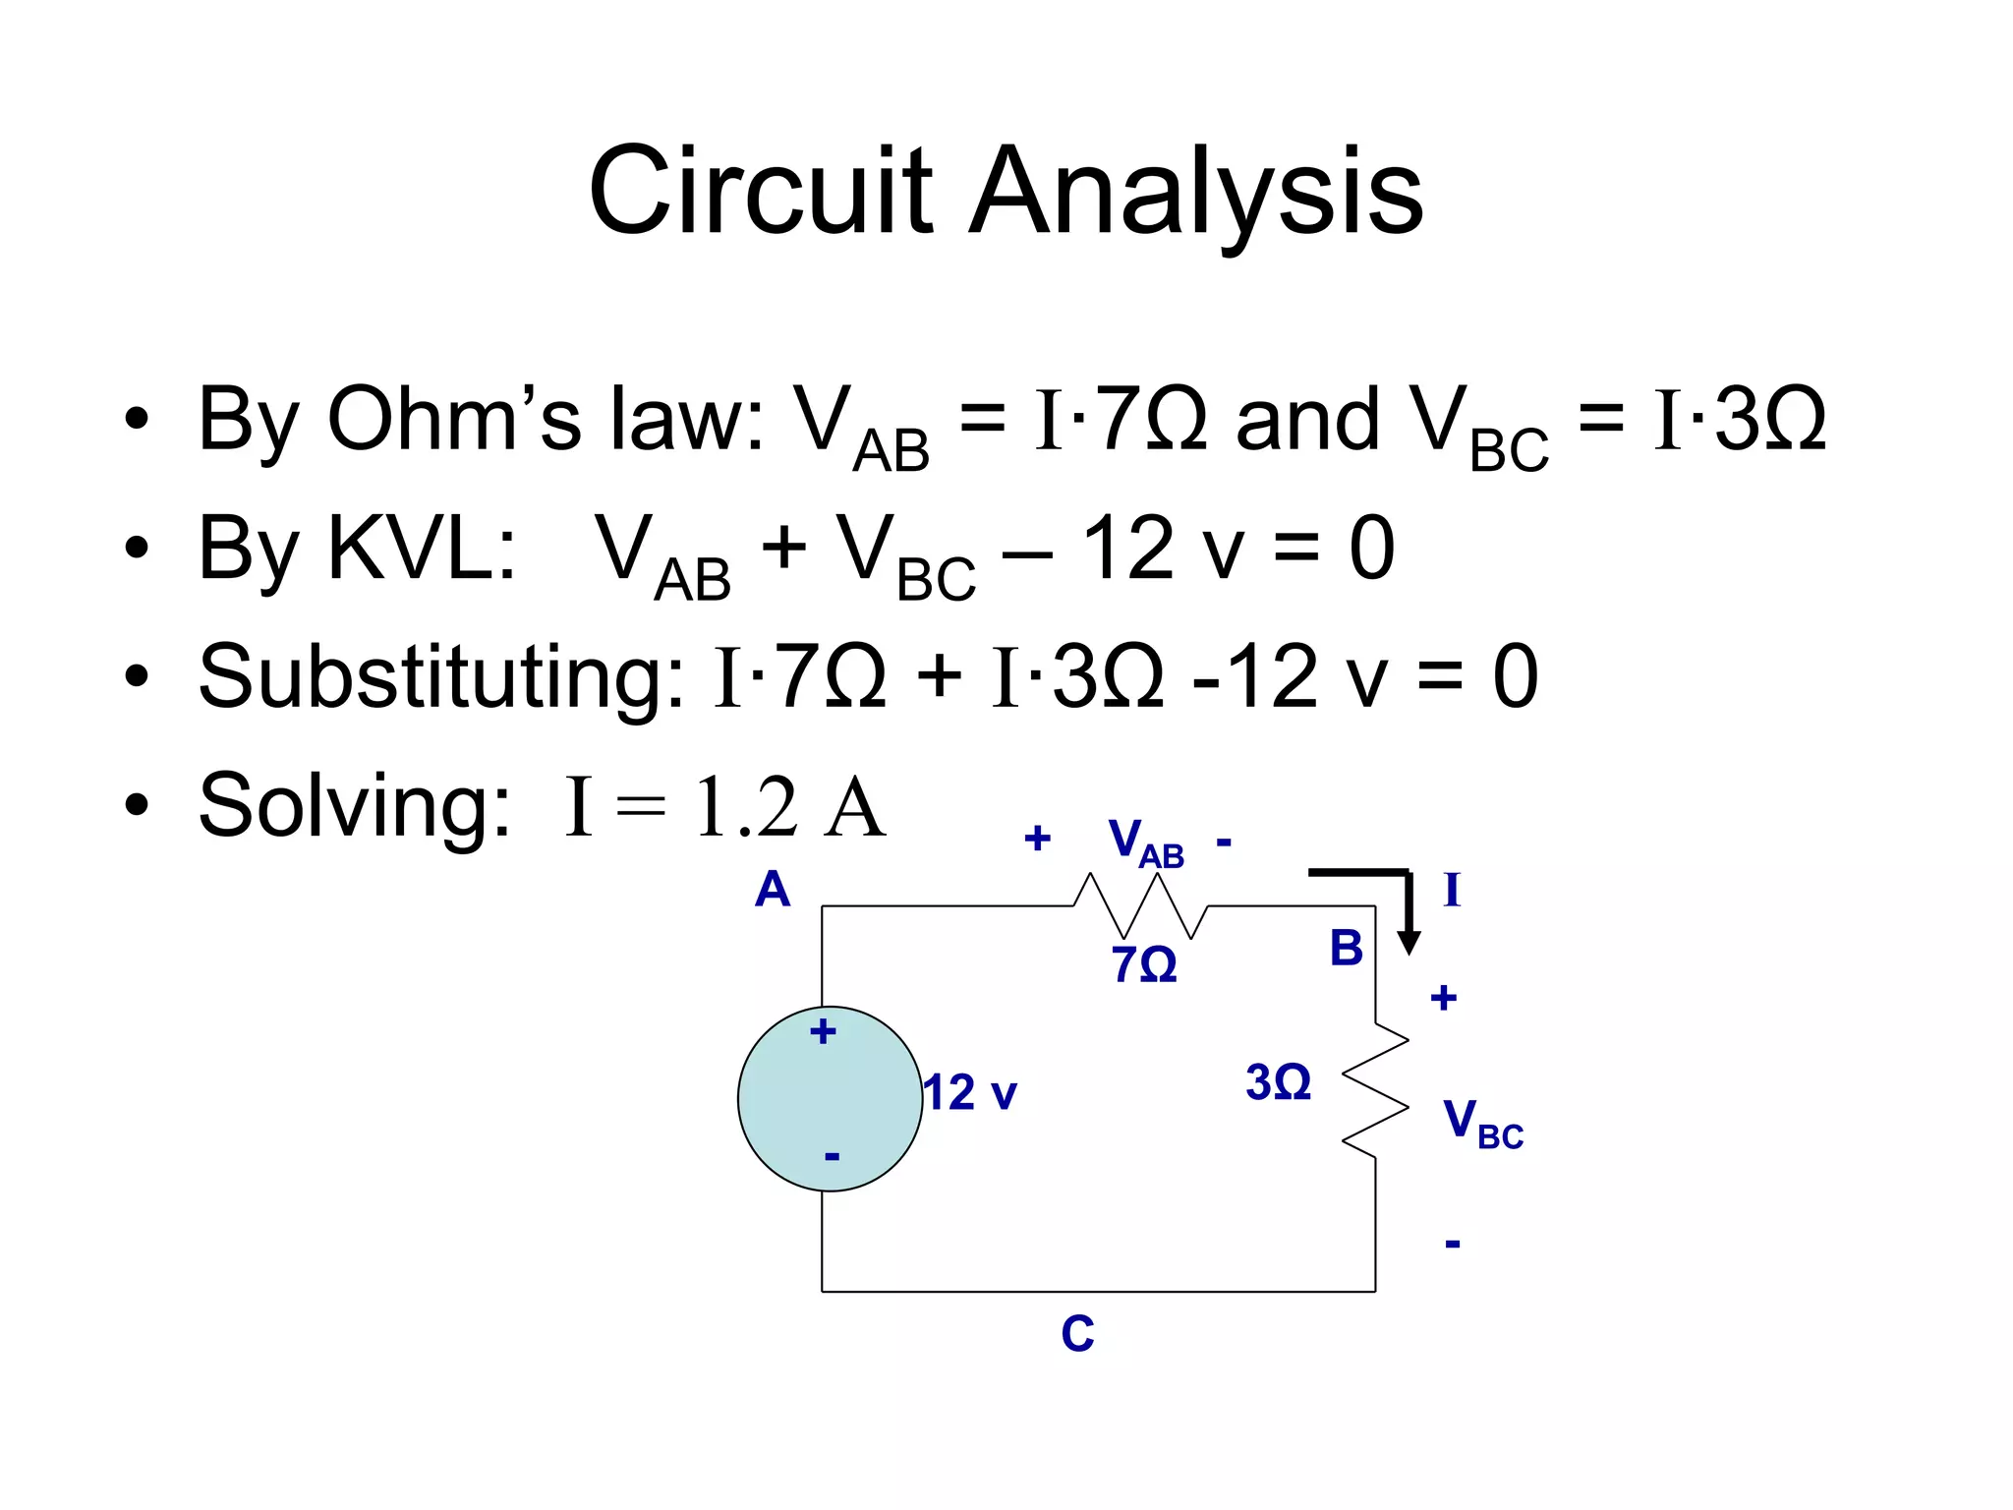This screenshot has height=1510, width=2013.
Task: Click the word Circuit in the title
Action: (x=759, y=192)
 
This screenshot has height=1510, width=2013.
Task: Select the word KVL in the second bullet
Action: (x=421, y=549)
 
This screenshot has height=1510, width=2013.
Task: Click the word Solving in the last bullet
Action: (x=354, y=806)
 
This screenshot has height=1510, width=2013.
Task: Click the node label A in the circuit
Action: (x=773, y=891)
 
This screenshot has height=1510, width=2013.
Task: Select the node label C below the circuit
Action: (x=1077, y=1335)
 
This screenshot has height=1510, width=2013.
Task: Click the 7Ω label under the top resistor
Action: (x=1143, y=965)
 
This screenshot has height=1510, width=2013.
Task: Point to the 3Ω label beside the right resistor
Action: (x=1278, y=1083)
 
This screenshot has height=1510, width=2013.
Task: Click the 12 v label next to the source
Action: (x=971, y=1093)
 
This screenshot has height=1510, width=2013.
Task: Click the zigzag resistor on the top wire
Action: (x=1140, y=906)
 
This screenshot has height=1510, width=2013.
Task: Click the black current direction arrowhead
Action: (x=1409, y=943)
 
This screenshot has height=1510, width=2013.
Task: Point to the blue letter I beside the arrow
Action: (x=1452, y=891)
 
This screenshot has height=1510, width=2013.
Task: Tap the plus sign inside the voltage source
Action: (x=823, y=1032)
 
